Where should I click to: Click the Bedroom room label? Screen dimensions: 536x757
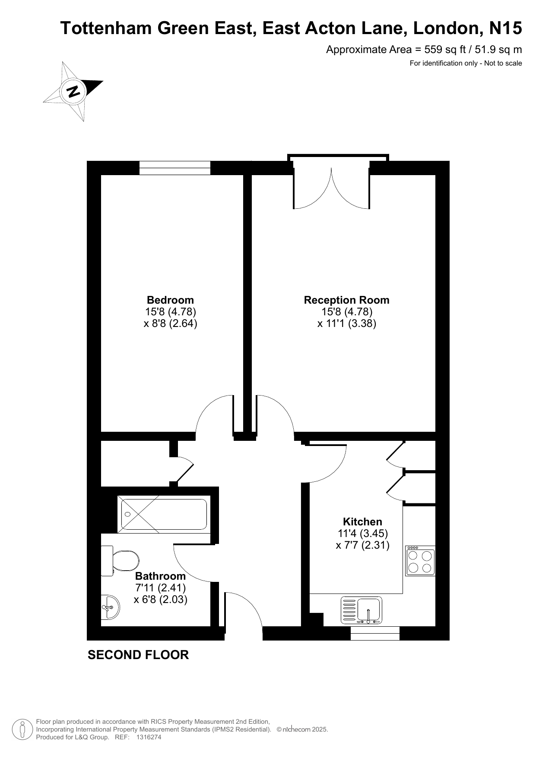170,300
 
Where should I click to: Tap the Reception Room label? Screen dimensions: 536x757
346,300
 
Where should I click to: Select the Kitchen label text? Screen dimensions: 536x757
362,521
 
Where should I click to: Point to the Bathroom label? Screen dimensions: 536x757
160,576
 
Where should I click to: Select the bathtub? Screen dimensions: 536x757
164,514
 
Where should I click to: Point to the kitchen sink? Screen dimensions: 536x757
362,610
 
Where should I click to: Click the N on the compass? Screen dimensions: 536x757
73,91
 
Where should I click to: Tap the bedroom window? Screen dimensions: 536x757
174,168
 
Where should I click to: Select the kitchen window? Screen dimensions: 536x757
375,633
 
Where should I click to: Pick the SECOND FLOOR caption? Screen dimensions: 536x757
138,655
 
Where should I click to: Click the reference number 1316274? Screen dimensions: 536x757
149,738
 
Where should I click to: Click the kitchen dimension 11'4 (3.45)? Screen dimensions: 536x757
362,534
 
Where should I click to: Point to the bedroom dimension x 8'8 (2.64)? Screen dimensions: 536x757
170,323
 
